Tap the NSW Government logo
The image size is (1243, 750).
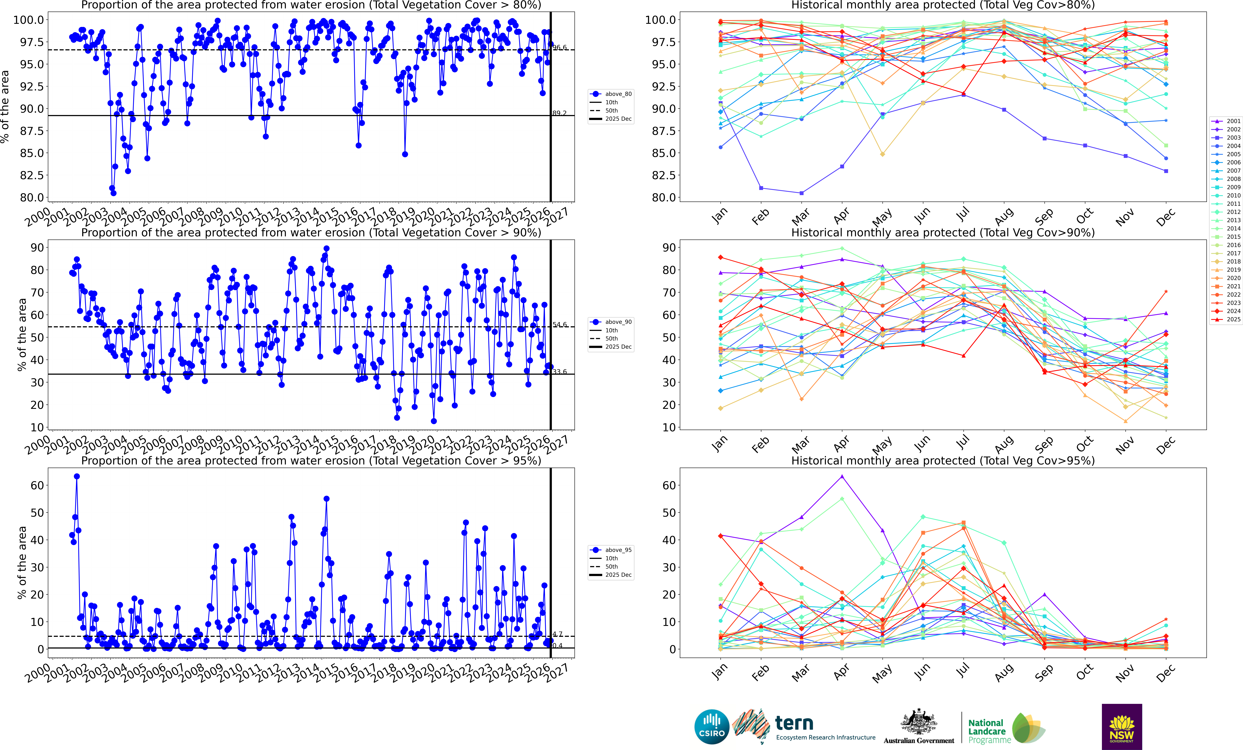tap(1121, 727)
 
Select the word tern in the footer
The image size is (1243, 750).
tap(794, 723)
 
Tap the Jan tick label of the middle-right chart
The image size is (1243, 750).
tap(720, 444)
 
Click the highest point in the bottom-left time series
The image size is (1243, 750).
tap(77, 476)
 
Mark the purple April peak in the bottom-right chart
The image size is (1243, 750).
tap(842, 476)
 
